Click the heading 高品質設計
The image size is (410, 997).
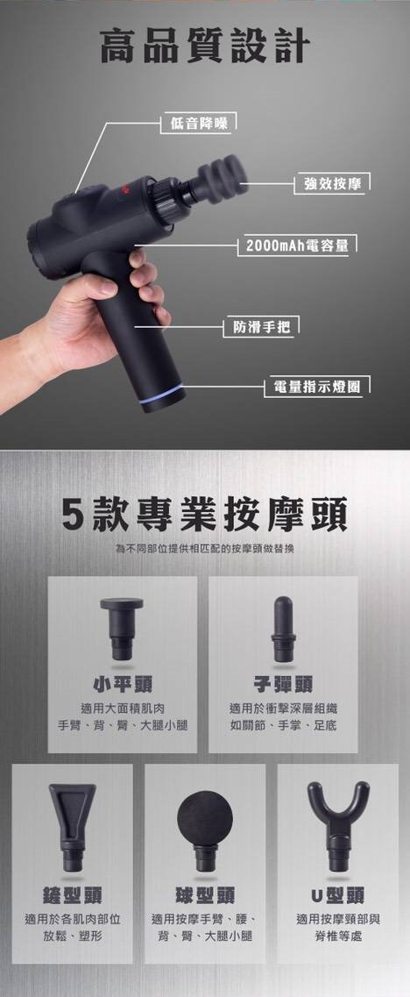(x=205, y=46)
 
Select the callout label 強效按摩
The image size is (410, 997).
(x=332, y=184)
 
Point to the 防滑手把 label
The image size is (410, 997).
(x=261, y=327)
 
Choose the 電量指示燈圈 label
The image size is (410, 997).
(x=316, y=387)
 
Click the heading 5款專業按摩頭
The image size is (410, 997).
(x=205, y=515)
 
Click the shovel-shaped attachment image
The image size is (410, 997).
(x=73, y=827)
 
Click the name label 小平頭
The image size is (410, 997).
(x=122, y=684)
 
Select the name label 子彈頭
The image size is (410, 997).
(x=283, y=684)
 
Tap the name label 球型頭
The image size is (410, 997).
(x=205, y=895)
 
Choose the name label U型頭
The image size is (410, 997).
(x=337, y=895)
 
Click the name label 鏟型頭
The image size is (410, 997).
(x=72, y=895)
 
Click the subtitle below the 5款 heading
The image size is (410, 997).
(x=205, y=547)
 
